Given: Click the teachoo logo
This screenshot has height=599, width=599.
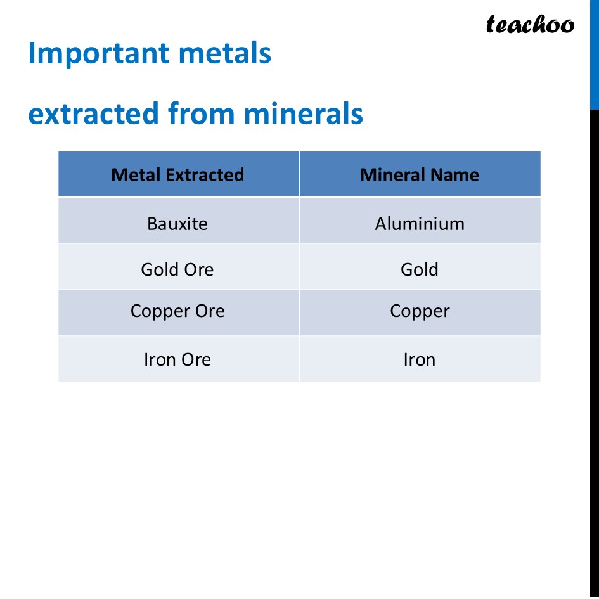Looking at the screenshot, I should (x=530, y=25).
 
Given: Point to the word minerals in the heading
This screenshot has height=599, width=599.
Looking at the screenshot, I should (x=303, y=114).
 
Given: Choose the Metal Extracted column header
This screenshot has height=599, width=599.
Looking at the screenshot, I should (x=177, y=175).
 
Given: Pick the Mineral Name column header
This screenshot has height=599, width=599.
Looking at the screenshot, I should (x=420, y=175).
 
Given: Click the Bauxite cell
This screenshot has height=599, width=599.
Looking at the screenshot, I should (x=177, y=224).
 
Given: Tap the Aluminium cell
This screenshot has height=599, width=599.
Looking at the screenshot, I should (x=420, y=224).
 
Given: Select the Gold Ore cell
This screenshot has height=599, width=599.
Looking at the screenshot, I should (x=177, y=269).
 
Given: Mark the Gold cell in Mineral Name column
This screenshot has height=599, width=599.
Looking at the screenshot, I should (x=420, y=269).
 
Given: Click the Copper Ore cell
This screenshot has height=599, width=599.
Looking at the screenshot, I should (x=177, y=311).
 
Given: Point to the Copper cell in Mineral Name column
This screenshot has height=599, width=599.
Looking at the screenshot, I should (x=420, y=311).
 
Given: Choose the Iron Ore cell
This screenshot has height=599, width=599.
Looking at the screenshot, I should (x=177, y=359).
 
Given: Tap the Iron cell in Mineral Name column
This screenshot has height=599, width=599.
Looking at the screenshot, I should (x=420, y=359).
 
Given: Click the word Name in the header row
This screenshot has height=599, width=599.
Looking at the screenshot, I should (x=454, y=175).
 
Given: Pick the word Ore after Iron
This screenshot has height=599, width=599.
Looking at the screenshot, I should (x=196, y=359).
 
